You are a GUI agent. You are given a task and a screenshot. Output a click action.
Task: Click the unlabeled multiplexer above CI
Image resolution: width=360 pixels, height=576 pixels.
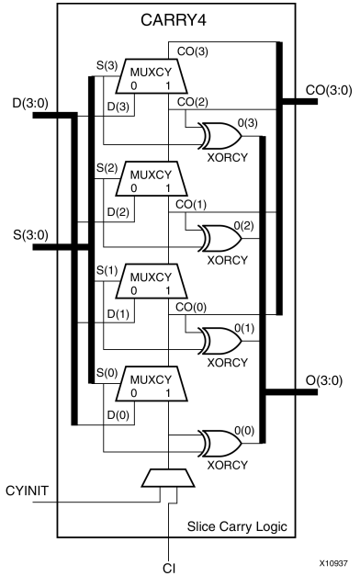pyautogui.click(x=166, y=479)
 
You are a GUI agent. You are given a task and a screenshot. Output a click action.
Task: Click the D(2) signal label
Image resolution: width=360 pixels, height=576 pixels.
pyautogui.click(x=116, y=213)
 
